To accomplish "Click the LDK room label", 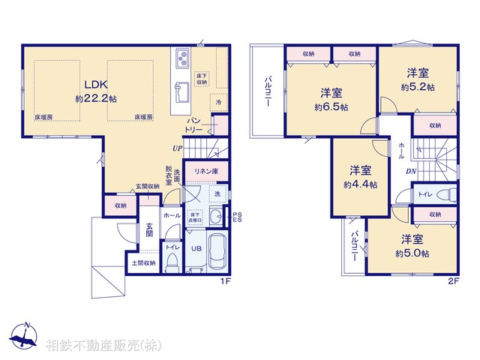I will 94,85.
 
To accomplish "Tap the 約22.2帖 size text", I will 95,98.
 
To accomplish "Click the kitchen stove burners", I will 182,58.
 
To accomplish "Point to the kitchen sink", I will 181,93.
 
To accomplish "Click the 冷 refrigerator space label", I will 219,101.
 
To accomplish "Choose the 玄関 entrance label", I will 149,230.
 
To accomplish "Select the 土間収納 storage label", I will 143,262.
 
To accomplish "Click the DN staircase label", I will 412,172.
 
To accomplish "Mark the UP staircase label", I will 177,148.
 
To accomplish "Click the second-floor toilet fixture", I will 448,194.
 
